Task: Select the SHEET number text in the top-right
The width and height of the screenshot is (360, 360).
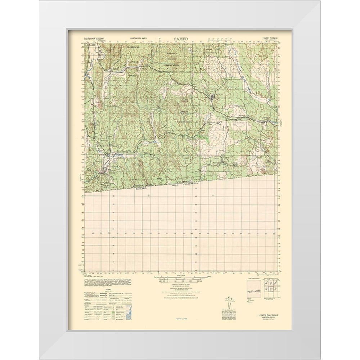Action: click(x=269, y=38)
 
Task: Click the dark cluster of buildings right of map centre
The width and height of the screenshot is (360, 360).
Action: click(x=213, y=96)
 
